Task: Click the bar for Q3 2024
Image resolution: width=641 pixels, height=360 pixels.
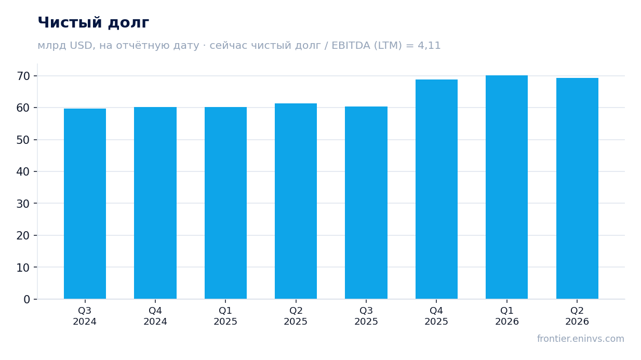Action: (x=85, y=204)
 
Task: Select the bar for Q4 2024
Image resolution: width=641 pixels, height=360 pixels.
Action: (x=155, y=203)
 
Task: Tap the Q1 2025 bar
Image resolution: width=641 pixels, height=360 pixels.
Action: (x=225, y=203)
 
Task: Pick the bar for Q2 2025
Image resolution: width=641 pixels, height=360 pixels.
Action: (x=296, y=201)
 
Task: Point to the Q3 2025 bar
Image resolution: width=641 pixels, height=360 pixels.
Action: (x=366, y=203)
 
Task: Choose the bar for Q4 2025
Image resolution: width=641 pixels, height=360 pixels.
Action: (x=436, y=189)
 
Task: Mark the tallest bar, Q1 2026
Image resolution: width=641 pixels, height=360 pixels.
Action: (x=506, y=187)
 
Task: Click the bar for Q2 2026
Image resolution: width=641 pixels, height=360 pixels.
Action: (x=577, y=188)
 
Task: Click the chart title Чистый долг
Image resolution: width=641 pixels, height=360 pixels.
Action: (x=94, y=23)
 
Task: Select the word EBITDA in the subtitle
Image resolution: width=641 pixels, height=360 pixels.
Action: (x=351, y=45)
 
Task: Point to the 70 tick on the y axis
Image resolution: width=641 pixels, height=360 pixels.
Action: (x=23, y=76)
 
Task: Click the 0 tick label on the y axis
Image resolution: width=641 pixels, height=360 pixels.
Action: (x=26, y=300)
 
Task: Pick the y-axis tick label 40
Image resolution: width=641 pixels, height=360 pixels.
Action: (x=23, y=172)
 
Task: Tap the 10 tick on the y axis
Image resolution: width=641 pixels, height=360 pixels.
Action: (x=23, y=268)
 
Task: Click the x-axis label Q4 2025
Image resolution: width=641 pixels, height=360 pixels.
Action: (x=436, y=316)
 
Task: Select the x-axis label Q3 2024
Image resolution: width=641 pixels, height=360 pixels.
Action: (x=85, y=316)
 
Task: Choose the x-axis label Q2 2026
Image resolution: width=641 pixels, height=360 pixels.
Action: (x=577, y=316)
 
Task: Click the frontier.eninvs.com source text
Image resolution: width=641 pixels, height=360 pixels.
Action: (x=581, y=339)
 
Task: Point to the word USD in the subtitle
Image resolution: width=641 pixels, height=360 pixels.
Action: (x=81, y=46)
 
